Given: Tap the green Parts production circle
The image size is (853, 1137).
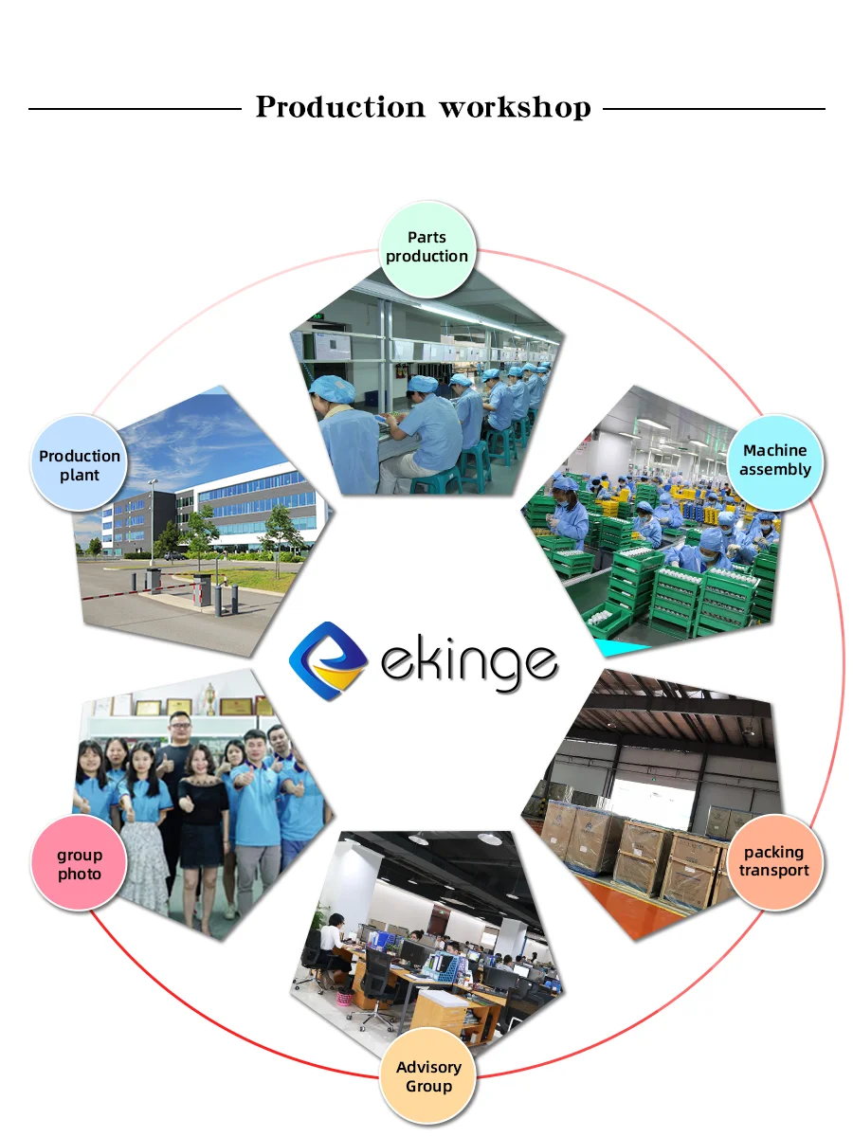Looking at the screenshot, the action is [426, 247].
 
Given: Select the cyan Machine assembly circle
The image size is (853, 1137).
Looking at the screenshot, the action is [775, 460].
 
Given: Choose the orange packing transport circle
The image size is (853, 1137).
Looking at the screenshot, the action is [774, 861].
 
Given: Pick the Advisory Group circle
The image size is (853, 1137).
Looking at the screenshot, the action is [428, 1076].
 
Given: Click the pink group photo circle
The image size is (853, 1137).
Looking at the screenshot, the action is [80, 864].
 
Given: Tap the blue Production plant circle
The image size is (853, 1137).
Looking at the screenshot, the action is [80, 465].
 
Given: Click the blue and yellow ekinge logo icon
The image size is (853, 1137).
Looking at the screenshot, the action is [328, 660].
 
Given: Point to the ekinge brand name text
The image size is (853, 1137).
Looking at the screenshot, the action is [468, 660].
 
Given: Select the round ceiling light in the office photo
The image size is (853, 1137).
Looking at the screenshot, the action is [490, 839].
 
